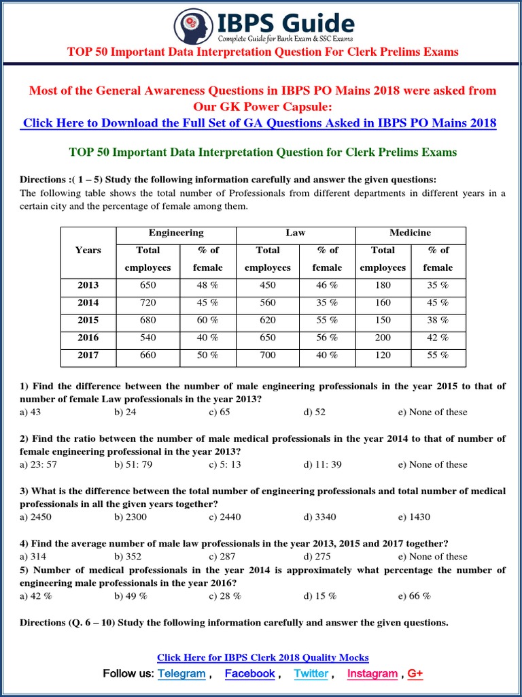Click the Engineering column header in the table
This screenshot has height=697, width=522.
coord(176,233)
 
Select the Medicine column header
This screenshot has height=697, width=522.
coord(409,233)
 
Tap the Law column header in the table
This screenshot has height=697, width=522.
coord(295,233)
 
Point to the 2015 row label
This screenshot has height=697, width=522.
coord(88,320)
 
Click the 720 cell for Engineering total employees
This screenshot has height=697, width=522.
coord(147,303)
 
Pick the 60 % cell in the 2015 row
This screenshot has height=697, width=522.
coord(207,320)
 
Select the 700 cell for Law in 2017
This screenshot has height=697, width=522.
coord(267,355)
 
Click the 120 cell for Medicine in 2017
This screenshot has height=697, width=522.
coord(383,355)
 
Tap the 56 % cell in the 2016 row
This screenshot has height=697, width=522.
coord(327,338)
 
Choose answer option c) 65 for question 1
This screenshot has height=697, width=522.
coord(220,412)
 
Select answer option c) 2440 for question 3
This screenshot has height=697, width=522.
coord(225,517)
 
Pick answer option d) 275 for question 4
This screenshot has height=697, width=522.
coord(316,556)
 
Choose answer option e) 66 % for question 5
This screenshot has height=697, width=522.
coord(414,596)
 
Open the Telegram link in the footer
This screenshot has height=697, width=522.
coord(181,673)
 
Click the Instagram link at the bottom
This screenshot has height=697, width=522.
coord(372,673)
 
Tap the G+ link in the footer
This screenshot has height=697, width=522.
coord(415,673)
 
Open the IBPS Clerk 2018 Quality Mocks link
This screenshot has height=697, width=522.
coord(262,658)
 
